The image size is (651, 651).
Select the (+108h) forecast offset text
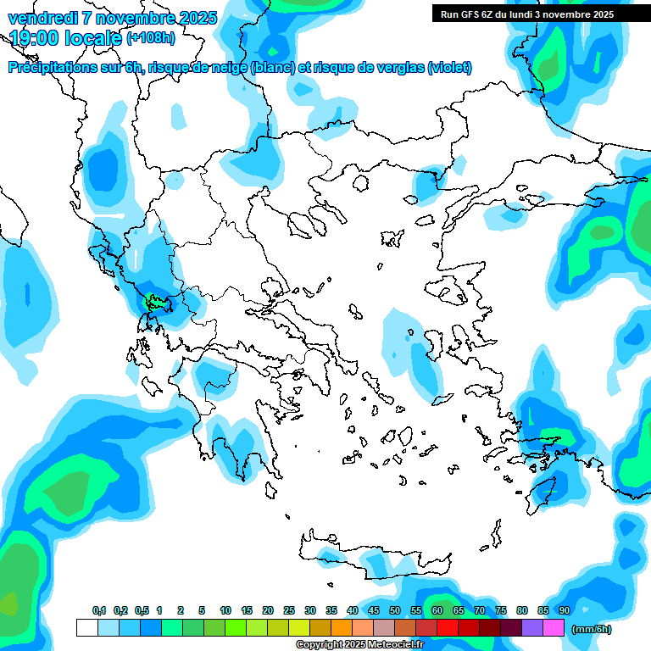(x=150, y=38)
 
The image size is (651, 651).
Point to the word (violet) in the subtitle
(x=449, y=68)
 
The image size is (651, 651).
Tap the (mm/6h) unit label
(x=591, y=629)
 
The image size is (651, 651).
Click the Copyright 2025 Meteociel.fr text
(x=359, y=645)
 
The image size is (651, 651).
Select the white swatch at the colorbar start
(x=86, y=628)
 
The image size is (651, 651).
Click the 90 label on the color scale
(x=564, y=610)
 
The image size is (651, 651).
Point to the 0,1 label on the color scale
(x=99, y=610)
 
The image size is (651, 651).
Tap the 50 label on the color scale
(x=395, y=610)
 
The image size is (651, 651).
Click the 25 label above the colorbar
(x=289, y=610)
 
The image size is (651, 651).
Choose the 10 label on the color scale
(x=225, y=610)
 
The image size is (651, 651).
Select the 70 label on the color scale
(x=480, y=610)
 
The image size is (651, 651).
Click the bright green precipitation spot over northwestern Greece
(x=156, y=301)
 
